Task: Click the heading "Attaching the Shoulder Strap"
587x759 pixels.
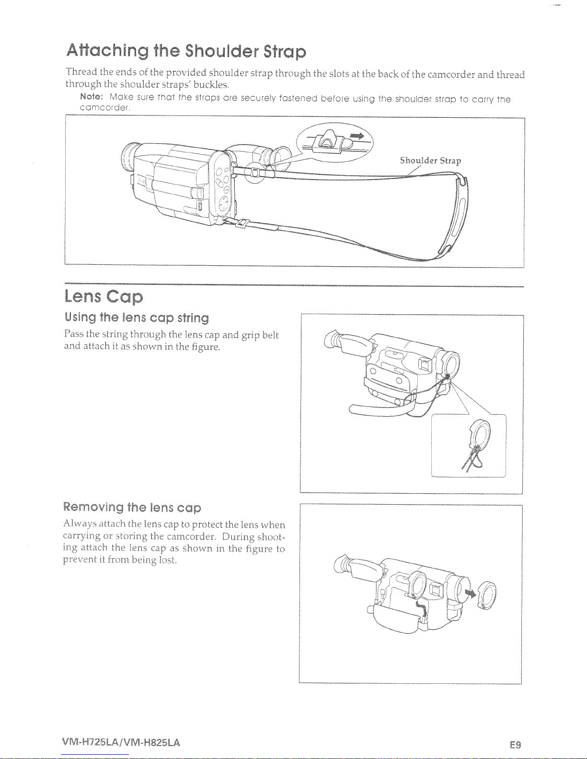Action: click(186, 51)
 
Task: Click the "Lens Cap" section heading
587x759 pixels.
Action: click(104, 297)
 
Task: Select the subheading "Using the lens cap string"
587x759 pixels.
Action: click(137, 317)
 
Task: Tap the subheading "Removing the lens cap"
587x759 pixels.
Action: click(132, 507)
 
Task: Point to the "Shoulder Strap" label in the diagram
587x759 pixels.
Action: click(430, 161)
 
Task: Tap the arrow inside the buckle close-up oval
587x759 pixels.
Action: click(357, 136)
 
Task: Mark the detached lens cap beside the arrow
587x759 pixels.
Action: click(487, 595)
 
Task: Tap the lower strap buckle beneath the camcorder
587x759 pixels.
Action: click(241, 223)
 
